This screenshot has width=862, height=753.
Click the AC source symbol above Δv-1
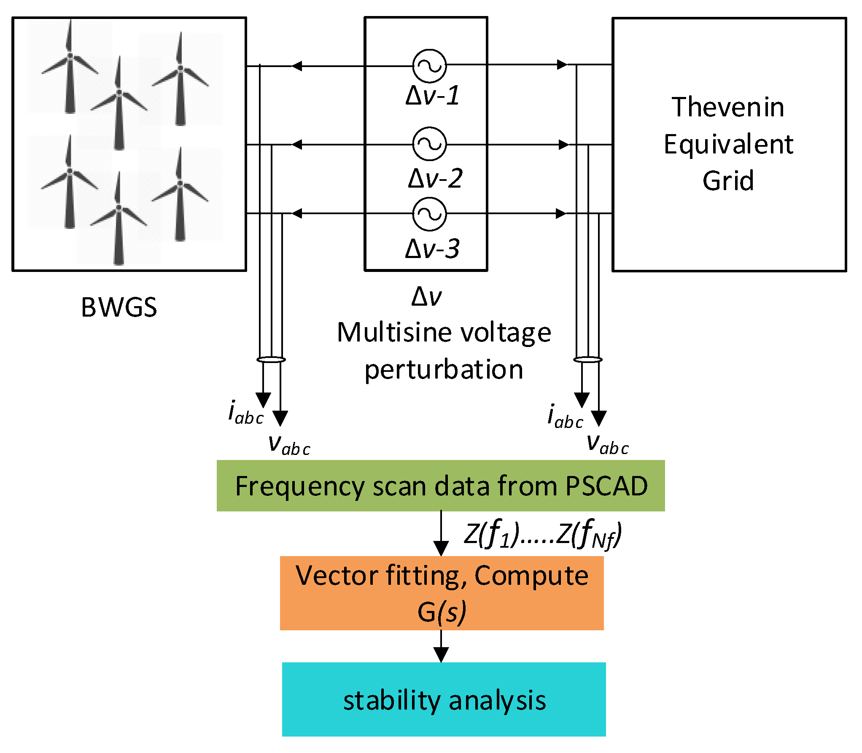429,66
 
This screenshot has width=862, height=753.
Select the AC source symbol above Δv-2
429,144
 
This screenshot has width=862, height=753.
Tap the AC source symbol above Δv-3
429,214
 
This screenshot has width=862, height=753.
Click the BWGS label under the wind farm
119,307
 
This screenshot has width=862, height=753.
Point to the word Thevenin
728,107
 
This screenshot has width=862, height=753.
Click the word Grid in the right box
728,180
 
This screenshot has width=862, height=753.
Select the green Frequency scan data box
441,486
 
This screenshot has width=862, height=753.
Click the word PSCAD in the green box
607,486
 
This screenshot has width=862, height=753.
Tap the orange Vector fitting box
442,593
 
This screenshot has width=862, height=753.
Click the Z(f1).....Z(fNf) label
543,535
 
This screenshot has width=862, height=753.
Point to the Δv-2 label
435,178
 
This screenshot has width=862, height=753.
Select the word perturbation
444,370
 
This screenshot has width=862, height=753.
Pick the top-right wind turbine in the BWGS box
180,80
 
